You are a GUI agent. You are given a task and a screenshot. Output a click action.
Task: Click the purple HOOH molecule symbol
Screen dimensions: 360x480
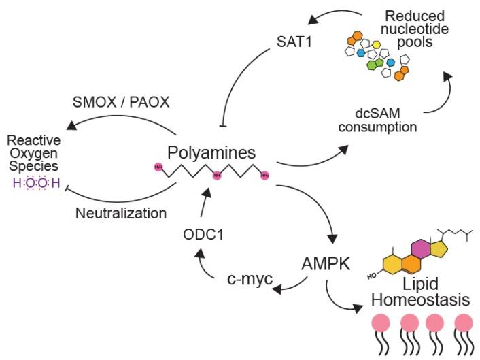pyautogui.click(x=33, y=182)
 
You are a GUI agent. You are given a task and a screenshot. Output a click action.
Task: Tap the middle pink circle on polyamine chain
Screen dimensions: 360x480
pyautogui.click(x=217, y=176)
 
